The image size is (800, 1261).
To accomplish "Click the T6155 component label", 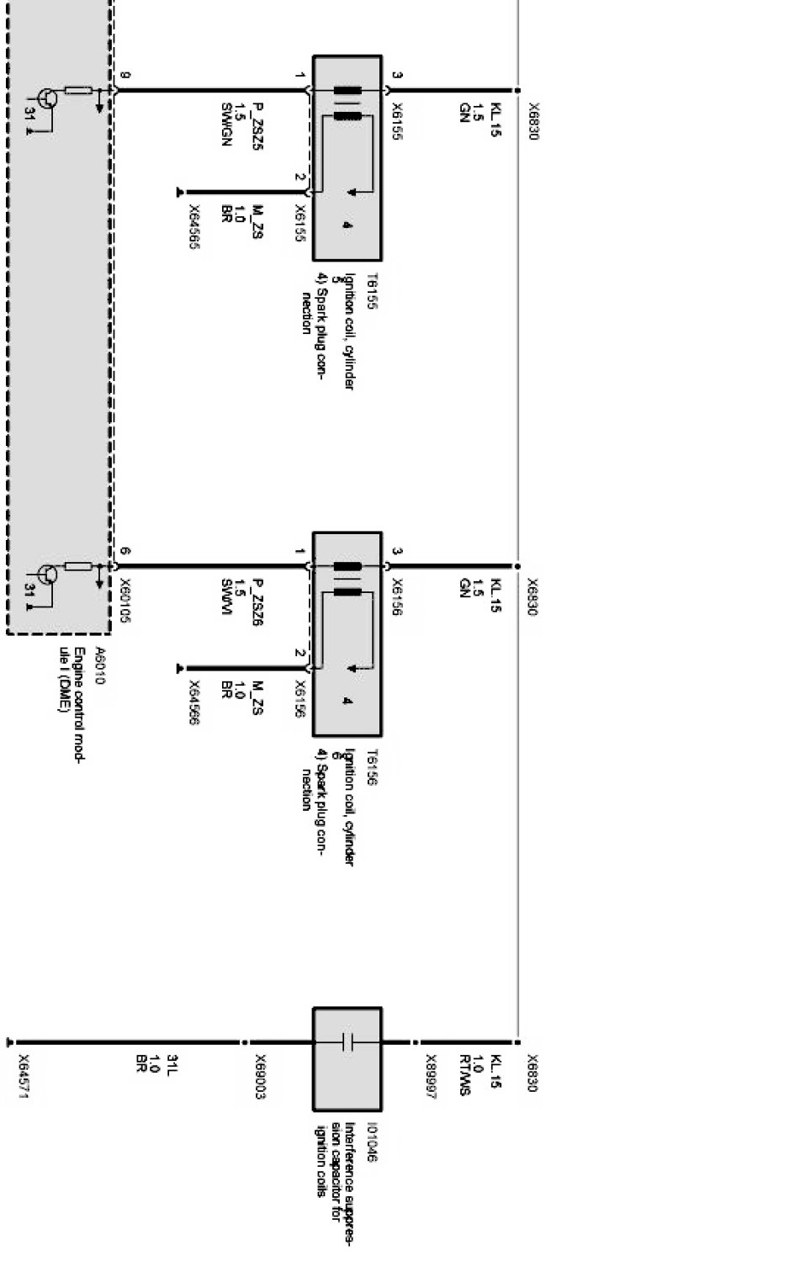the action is point(371,290).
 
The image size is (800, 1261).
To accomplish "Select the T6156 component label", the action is point(371,766).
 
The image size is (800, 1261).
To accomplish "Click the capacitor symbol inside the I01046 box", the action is point(347,1043).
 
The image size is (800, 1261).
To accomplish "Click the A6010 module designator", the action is point(100,665).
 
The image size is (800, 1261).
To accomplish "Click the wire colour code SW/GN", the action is point(225,125).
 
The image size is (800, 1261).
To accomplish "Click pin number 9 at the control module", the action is point(125,76).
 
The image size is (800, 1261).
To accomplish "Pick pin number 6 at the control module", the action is point(125,552).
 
